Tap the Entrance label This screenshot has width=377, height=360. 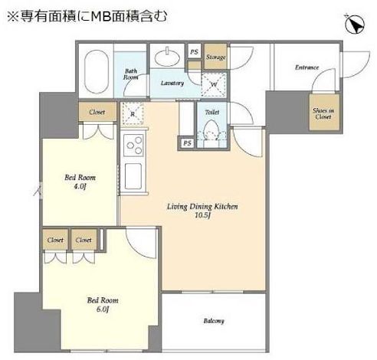click(307, 67)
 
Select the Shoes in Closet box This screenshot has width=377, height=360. click(321, 113)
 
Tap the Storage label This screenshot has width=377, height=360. click(215, 57)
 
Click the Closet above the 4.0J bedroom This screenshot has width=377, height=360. click(97, 112)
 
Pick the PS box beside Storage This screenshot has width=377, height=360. click(194, 52)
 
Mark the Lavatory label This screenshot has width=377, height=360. click(172, 83)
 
